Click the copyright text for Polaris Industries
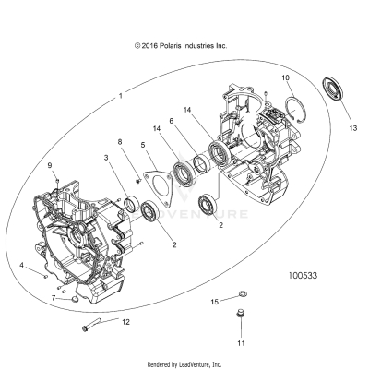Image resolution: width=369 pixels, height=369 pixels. pos(180,44)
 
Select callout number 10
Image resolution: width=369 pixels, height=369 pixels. pos(285,77)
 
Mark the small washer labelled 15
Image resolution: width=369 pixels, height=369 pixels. pos(244,295)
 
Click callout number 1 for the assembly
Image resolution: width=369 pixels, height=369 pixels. pos(119,95)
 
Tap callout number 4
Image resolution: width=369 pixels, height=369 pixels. pos(22,265)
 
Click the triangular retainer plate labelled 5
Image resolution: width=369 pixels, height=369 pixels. pos(158,181)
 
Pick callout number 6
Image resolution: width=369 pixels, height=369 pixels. pos(171,120)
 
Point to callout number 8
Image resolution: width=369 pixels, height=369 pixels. pos(119,140)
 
